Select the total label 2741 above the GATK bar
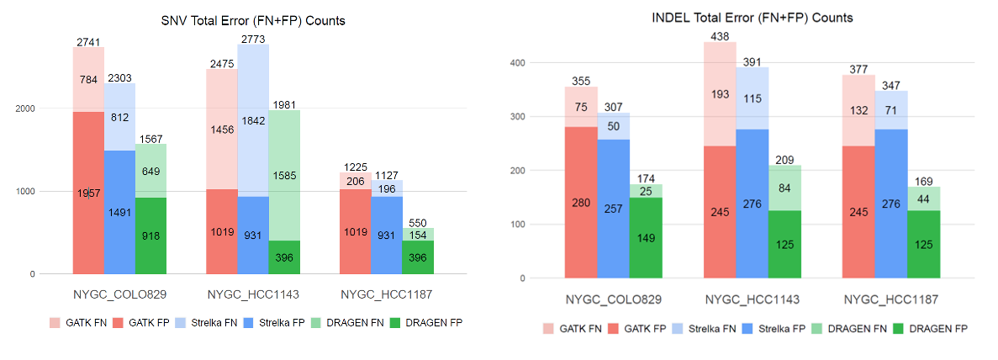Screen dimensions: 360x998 point(87,40)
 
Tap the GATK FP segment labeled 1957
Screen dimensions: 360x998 point(87,193)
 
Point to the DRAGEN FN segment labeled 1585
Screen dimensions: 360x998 point(285,175)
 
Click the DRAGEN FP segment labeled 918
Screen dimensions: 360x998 point(151,236)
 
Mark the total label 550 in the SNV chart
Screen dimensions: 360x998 point(418,222)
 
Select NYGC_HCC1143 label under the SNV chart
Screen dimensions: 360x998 point(253,295)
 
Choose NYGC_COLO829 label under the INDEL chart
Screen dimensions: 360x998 point(613,299)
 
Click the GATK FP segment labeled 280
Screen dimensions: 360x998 point(580,202)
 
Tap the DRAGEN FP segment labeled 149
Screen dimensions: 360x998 point(646,238)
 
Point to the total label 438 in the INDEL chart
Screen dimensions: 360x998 point(719,35)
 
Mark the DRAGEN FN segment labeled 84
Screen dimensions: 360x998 point(784,188)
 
